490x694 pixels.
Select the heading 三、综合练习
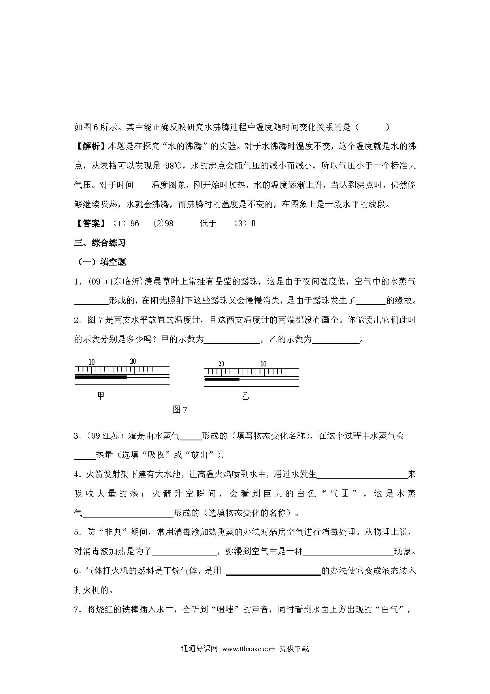pos(100,243)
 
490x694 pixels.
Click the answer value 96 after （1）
pos(135,224)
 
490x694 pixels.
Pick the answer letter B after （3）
pos(253,224)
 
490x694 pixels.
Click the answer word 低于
pos(208,224)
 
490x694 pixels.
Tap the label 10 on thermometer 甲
pos(92,362)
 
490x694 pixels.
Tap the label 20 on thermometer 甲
pos(133,361)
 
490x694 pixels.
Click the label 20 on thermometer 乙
pos(221,364)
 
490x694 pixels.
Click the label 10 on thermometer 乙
pos(264,364)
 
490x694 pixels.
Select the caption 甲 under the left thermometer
pos(101,396)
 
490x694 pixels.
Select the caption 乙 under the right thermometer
pos(245,396)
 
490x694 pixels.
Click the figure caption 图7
pos(180,410)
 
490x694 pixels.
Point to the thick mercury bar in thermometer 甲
pos(101,377)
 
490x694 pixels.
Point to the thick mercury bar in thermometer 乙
pos(222,379)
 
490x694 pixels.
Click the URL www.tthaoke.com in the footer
pos(249,648)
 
